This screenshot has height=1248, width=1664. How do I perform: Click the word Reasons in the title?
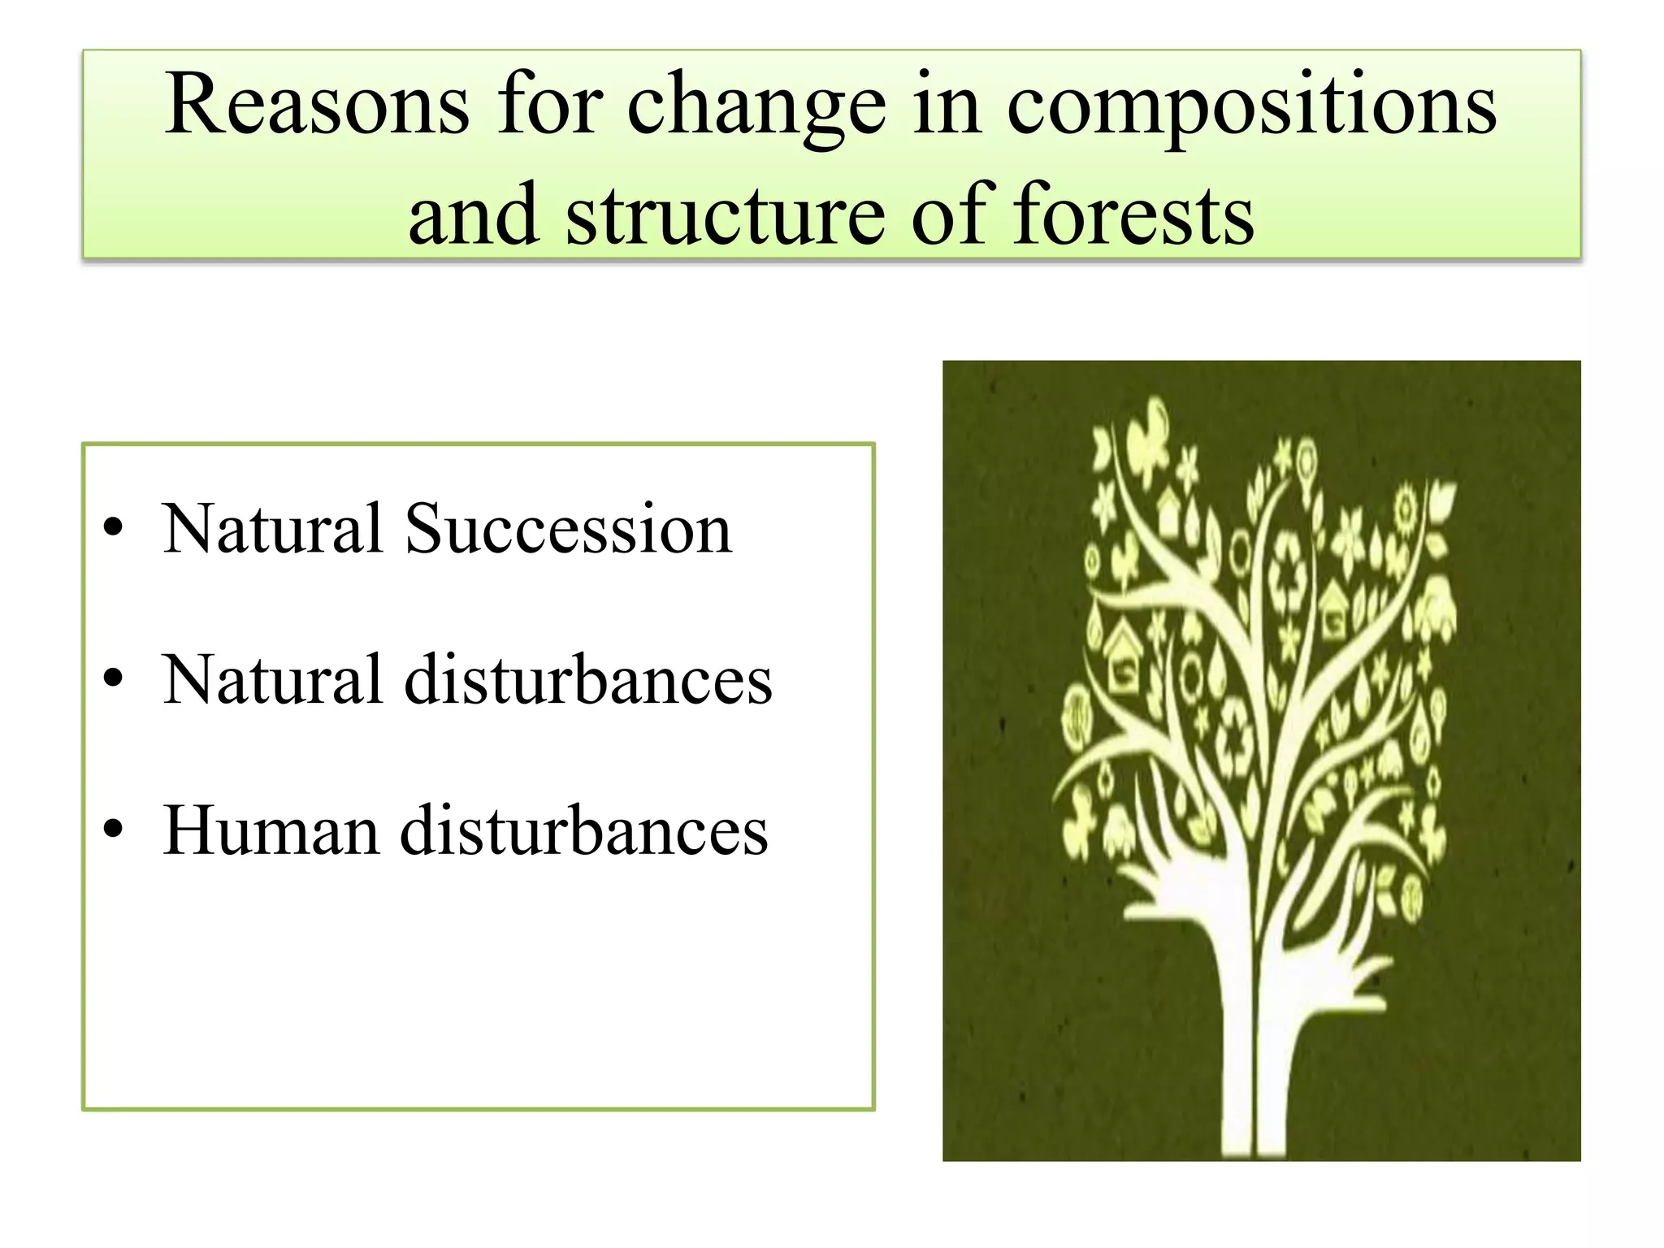click(x=317, y=106)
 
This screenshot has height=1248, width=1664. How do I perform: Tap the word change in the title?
click(x=756, y=110)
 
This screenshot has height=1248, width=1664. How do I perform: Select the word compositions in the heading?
click(x=1251, y=110)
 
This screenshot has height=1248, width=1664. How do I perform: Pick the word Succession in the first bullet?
click(x=569, y=530)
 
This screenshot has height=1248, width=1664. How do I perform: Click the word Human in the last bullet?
click(x=271, y=830)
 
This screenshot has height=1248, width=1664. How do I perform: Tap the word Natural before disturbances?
click(x=272, y=680)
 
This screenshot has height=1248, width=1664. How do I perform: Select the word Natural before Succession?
click(x=272, y=530)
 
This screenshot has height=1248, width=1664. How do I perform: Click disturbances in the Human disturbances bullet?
click(x=583, y=830)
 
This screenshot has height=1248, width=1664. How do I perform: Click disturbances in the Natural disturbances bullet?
click(x=588, y=680)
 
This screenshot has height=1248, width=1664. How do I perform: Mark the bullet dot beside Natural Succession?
click(x=113, y=528)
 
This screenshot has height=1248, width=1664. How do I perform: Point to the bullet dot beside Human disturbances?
click(x=113, y=830)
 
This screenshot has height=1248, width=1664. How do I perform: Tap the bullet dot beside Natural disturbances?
click(x=113, y=678)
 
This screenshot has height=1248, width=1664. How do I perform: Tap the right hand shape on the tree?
click(x=1332, y=975)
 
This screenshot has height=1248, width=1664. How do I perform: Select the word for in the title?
click(x=550, y=106)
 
